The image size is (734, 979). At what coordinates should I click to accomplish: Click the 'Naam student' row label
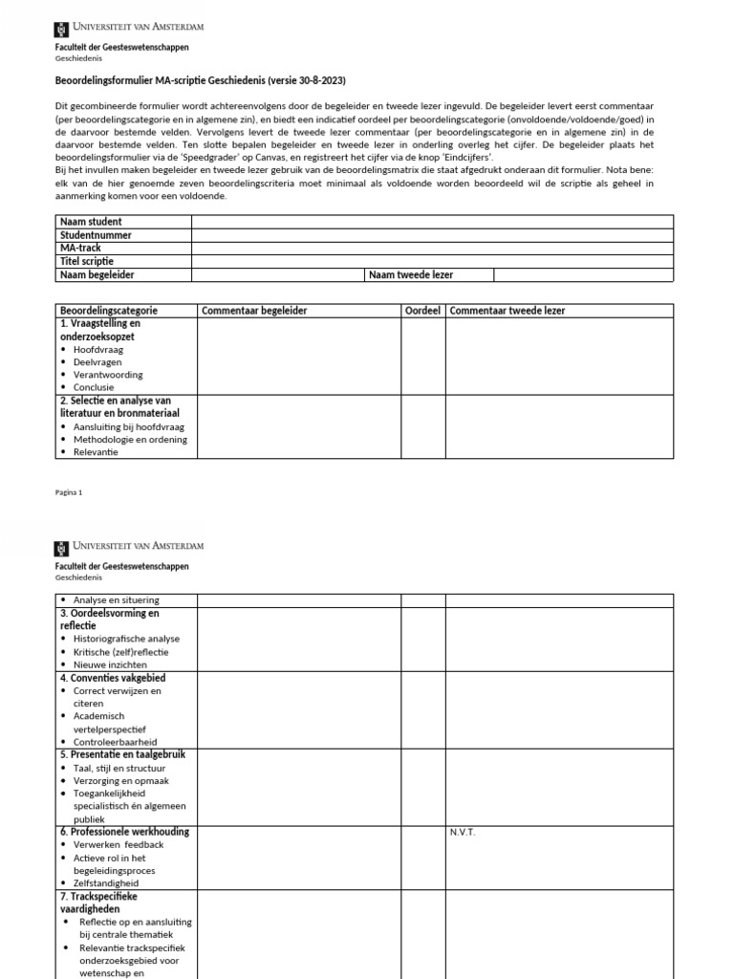click(91, 222)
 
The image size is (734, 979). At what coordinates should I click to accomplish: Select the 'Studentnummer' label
click(96, 235)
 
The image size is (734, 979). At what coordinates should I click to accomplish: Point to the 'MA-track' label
click(80, 249)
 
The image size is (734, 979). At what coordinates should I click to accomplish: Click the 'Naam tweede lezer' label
click(411, 275)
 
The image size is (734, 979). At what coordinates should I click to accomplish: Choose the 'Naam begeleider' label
click(97, 275)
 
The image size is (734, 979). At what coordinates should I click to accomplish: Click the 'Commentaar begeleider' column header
click(254, 311)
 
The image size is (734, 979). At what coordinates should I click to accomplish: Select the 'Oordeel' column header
click(422, 311)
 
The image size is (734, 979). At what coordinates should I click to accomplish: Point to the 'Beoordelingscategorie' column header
click(109, 311)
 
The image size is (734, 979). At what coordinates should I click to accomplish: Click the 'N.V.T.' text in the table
click(463, 832)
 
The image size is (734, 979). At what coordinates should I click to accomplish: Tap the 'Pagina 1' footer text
click(69, 492)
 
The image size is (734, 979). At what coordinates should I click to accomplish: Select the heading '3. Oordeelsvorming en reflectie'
click(109, 619)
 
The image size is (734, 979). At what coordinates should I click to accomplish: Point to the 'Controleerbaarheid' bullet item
click(115, 742)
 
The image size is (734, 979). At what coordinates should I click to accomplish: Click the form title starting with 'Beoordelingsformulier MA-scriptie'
click(206, 80)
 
